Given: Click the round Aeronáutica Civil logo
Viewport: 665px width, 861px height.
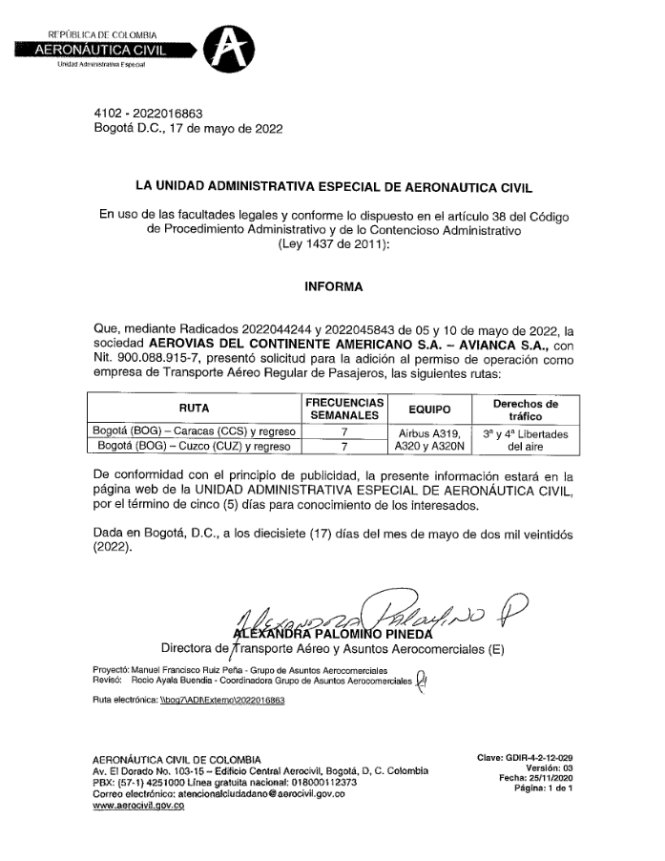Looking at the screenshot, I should point(233,47).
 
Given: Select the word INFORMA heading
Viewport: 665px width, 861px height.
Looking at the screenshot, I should point(333,285).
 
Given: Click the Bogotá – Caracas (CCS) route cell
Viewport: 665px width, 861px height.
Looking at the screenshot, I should point(194,430).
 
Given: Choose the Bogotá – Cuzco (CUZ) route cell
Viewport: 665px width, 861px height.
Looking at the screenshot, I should point(194,445).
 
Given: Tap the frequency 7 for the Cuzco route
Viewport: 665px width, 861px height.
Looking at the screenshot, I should point(344,445).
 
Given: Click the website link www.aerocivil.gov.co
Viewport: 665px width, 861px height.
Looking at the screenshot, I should point(138,807).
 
